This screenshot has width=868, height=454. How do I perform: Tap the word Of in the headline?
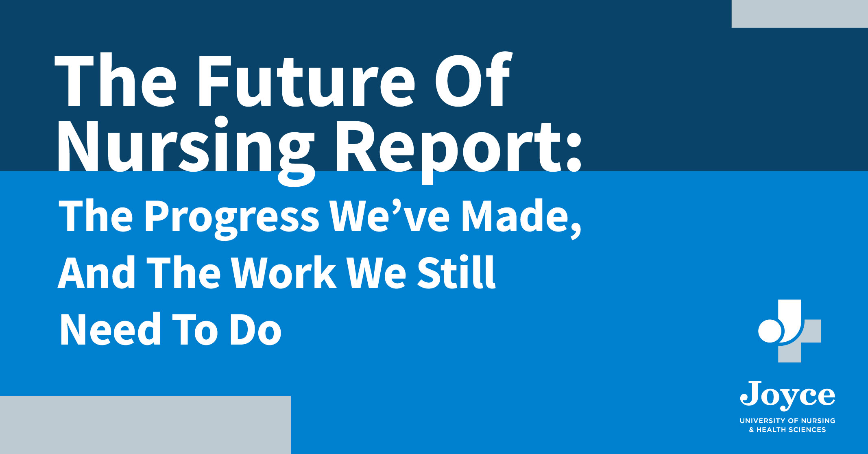pos(473,79)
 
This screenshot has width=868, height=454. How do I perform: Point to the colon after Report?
pos(574,152)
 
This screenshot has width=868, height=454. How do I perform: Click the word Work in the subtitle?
pos(284,272)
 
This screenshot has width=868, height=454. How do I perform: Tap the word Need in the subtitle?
pos(110,329)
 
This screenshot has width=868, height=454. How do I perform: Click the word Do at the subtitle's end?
pos(255,329)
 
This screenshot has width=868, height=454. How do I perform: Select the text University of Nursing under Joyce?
pos(787,421)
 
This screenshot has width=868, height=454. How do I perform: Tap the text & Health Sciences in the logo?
pos(787,430)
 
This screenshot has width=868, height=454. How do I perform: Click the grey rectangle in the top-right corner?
pos(800,14)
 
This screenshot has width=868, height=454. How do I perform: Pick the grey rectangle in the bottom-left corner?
pos(145,425)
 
